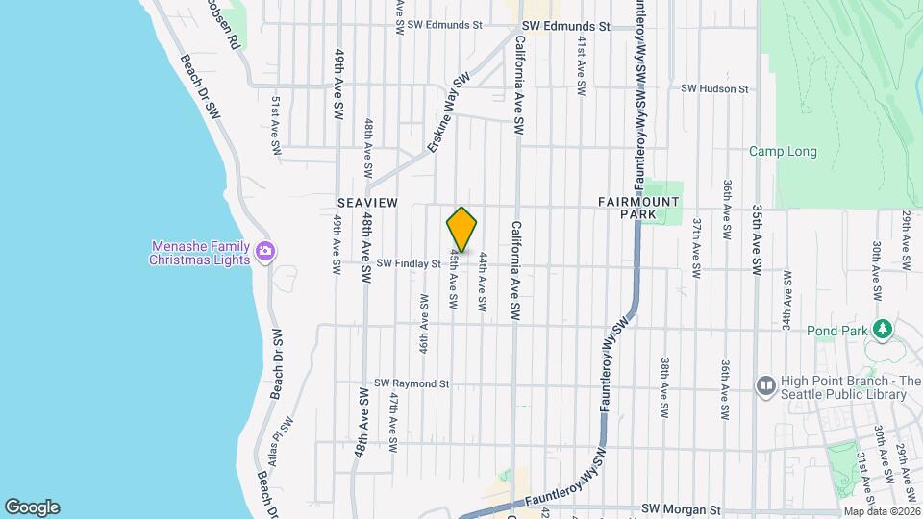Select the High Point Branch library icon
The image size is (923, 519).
766,386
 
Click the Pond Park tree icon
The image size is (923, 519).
879,330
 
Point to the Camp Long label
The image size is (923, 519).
783,152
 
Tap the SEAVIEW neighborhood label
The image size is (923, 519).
362,203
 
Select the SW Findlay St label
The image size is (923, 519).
408,262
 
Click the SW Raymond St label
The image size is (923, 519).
412,383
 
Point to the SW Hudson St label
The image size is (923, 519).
714,88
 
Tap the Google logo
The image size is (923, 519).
32,507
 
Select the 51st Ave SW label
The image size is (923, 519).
275,125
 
